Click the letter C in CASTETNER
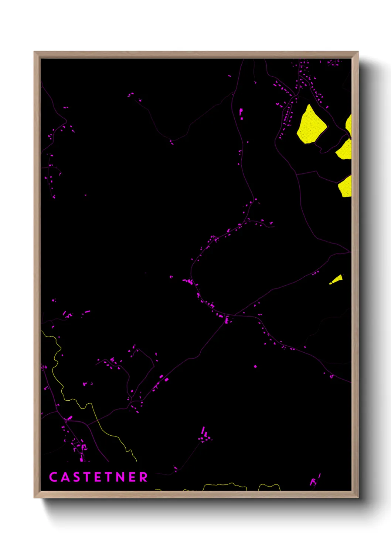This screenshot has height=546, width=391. [x=53, y=477]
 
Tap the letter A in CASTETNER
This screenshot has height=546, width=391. [x=65, y=477]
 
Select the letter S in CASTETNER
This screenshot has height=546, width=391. [x=76, y=477]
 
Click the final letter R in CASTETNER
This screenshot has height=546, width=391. [x=143, y=477]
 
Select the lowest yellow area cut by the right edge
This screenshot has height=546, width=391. [x=345, y=187]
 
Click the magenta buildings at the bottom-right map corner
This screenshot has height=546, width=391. [x=314, y=480]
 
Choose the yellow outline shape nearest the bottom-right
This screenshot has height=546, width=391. [x=269, y=487]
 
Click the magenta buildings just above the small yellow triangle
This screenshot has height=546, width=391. [x=315, y=273]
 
